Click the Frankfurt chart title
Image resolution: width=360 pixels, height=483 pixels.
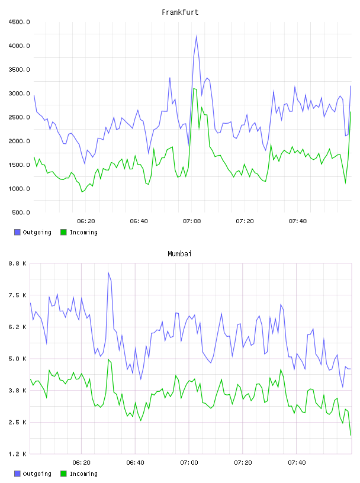(x=180, y=12)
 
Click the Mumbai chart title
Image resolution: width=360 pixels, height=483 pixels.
(x=179, y=254)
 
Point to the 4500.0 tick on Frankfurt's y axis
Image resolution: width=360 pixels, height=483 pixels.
(x=19, y=22)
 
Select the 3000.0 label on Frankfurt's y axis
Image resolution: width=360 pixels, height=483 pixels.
(x=19, y=94)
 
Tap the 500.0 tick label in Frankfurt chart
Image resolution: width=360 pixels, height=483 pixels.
(x=21, y=212)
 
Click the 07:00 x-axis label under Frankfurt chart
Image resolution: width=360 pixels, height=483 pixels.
(x=192, y=221)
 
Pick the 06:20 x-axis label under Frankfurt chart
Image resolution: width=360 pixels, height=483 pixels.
(x=86, y=221)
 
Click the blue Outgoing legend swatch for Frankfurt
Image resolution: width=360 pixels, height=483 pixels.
(x=17, y=232)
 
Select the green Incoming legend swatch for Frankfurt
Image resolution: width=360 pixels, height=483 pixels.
(x=63, y=232)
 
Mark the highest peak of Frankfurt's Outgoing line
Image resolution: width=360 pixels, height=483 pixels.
(x=197, y=36)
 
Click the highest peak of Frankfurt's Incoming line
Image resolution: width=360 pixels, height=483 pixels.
(x=194, y=89)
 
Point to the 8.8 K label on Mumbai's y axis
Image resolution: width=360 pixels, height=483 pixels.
(x=17, y=263)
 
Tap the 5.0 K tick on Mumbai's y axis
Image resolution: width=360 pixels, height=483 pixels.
(x=17, y=359)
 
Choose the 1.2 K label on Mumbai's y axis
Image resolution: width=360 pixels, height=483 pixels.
(x=17, y=454)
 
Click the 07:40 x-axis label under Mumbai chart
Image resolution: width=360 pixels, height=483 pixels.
(x=297, y=462)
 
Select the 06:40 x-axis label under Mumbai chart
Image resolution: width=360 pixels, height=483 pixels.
(x=136, y=462)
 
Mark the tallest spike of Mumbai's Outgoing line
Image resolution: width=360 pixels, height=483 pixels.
(x=108, y=273)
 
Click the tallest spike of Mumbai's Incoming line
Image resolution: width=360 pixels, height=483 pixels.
(x=108, y=359)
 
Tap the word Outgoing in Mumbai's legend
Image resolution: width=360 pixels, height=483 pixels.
(x=37, y=474)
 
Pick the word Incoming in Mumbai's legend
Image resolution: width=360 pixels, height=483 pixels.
(x=83, y=474)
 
